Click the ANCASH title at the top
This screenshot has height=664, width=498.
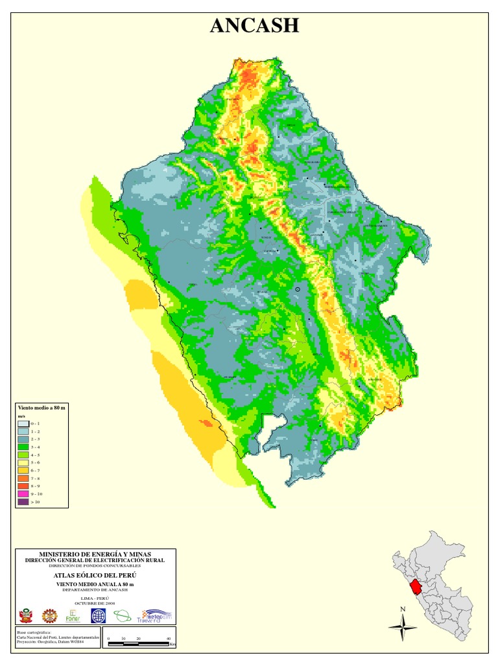254,25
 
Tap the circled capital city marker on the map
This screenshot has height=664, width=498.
298,289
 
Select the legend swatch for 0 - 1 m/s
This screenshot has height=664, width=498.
23,423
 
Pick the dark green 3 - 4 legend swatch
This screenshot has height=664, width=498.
23,447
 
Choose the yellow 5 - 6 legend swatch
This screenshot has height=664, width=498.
23,462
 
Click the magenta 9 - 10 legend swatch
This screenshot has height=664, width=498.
23,493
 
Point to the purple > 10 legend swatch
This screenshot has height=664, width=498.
23,501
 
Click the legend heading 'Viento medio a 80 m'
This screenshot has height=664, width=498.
41,406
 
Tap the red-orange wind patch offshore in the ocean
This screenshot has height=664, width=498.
207,423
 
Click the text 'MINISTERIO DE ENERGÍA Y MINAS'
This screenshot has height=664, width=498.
95,554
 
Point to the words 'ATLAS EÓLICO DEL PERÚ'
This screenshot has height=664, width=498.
95,575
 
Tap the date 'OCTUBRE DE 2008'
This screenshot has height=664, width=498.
95,602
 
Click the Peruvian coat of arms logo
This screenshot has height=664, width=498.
27,615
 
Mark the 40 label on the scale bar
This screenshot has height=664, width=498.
169,639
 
